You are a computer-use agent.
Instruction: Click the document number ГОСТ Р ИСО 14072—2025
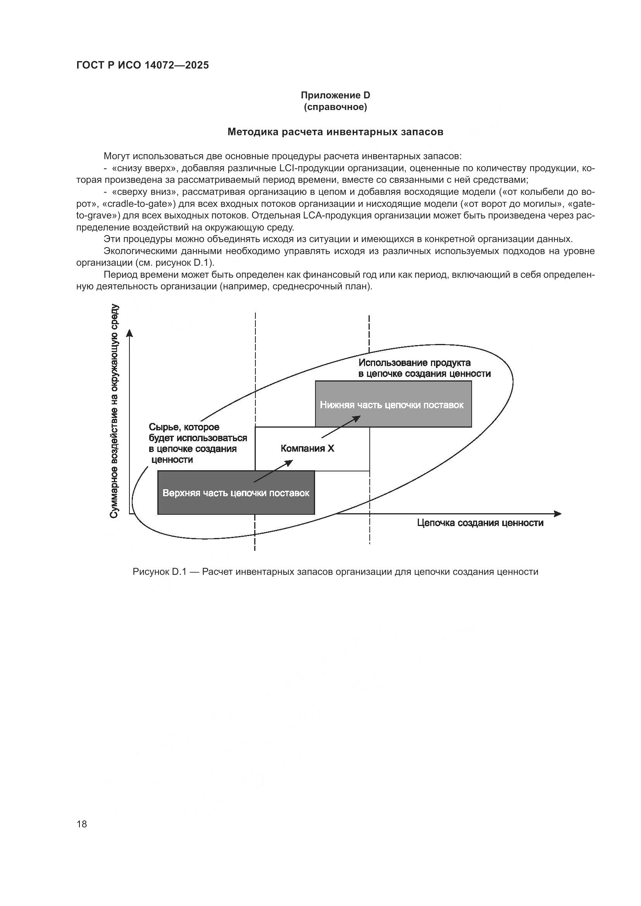click(143, 65)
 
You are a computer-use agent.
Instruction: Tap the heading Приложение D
click(335, 95)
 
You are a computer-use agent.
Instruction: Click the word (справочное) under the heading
click(335, 107)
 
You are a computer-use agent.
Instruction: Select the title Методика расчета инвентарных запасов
click(335, 132)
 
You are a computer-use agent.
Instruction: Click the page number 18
click(82, 824)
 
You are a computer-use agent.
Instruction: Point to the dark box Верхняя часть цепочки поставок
click(236, 493)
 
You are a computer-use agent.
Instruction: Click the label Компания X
click(307, 448)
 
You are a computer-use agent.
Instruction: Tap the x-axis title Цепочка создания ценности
click(480, 523)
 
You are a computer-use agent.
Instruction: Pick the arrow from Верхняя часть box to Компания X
click(273, 471)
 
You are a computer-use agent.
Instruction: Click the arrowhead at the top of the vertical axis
click(129, 334)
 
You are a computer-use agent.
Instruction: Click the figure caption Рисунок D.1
click(335, 572)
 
